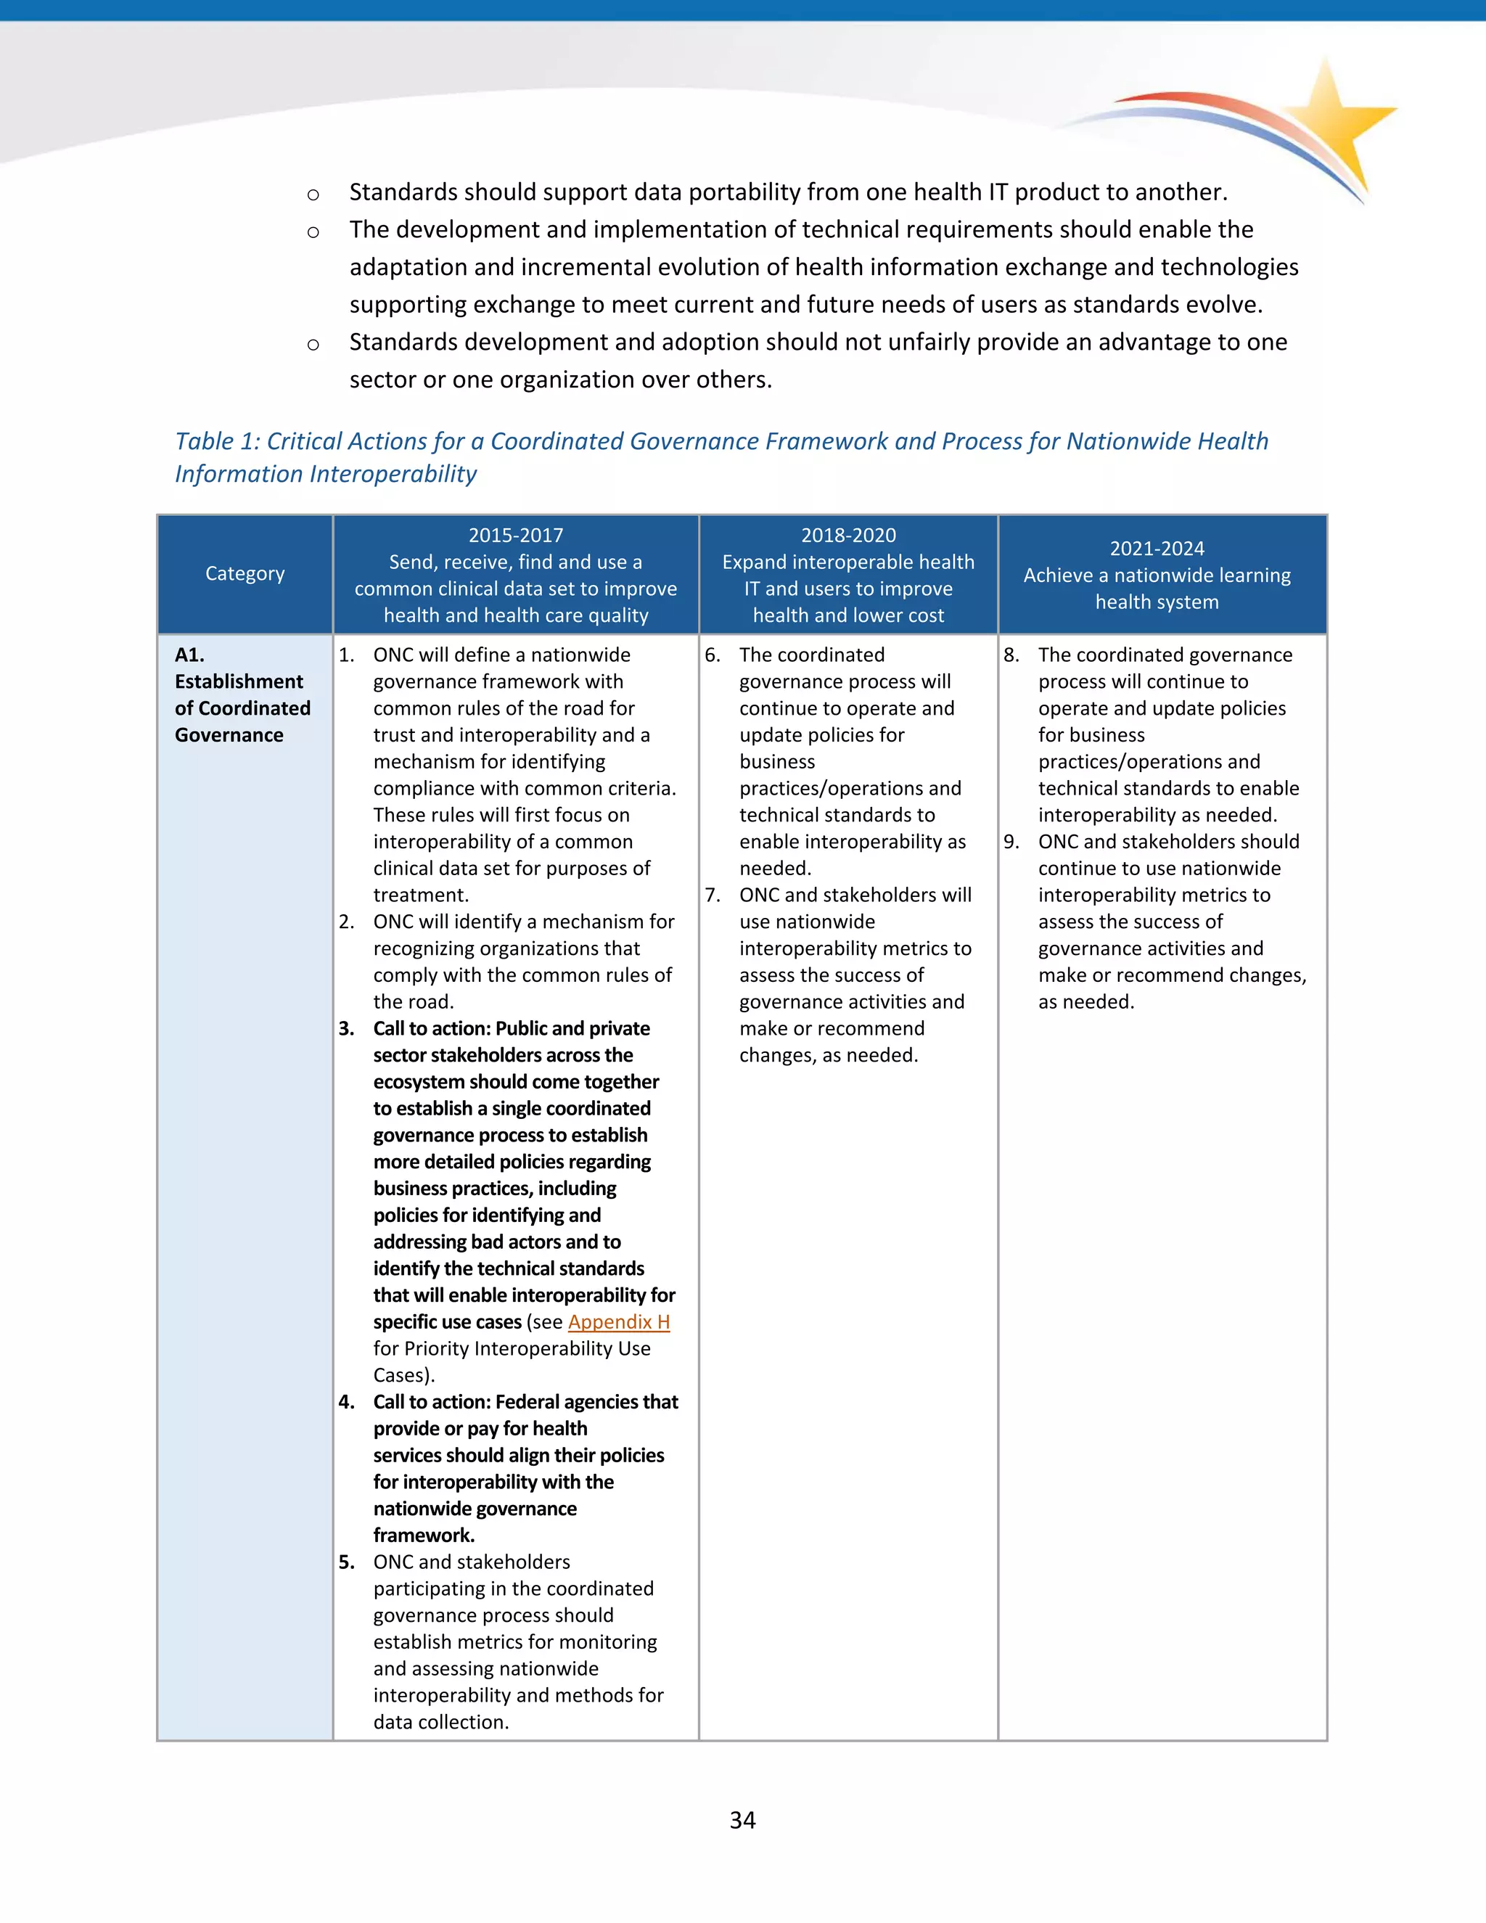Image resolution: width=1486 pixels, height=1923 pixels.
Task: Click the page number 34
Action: [742, 1820]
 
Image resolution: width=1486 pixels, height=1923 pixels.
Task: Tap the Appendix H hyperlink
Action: [619, 1321]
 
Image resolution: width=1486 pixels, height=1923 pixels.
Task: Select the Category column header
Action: [245, 574]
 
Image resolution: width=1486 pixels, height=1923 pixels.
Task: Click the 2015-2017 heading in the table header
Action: [516, 536]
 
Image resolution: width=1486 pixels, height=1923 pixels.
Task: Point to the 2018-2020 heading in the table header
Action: [847, 536]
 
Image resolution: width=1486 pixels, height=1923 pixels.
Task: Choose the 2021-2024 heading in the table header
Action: [1157, 549]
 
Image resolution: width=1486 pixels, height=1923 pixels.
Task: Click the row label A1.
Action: [189, 655]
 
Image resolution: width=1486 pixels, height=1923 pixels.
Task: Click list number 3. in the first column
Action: [346, 1028]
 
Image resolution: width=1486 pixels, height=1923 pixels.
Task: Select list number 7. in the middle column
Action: [713, 895]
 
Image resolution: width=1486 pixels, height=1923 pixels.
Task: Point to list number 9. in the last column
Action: [1011, 842]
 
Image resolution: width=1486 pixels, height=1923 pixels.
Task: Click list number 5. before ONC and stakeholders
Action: [346, 1562]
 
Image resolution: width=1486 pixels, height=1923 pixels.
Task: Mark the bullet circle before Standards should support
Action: [313, 194]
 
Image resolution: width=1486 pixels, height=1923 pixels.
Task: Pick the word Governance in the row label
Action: [229, 735]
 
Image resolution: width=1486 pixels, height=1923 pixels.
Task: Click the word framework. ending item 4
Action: [424, 1535]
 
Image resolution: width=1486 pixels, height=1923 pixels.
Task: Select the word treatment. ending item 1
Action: [421, 895]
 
